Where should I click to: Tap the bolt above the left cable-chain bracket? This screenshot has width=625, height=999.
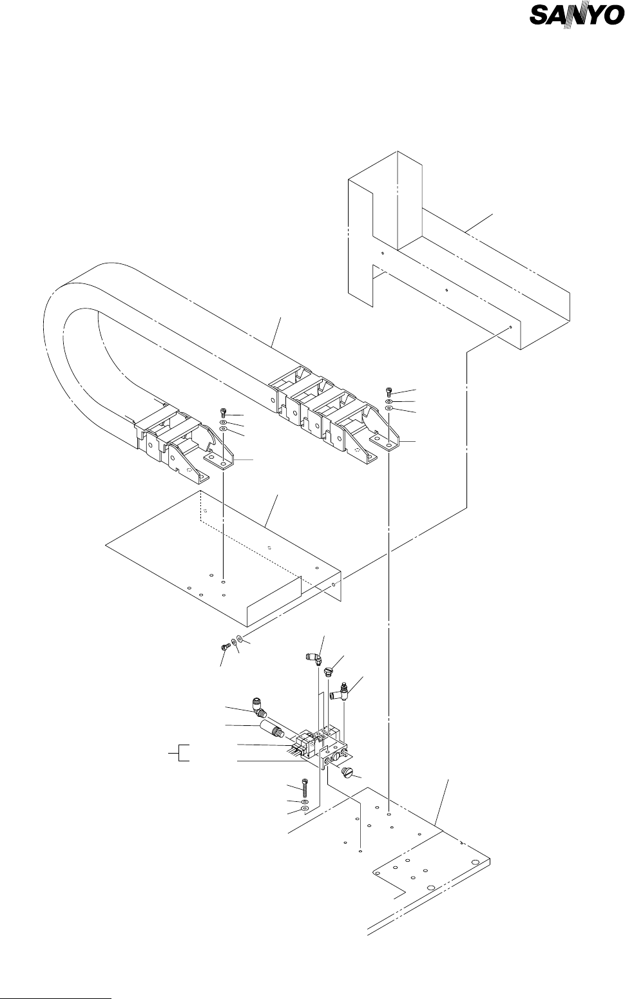(223, 412)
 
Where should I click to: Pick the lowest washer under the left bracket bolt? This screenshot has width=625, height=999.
(223, 428)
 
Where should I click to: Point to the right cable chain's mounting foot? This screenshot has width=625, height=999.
(386, 442)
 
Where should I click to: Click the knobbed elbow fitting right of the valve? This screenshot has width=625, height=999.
(340, 694)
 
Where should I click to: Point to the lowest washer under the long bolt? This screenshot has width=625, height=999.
(305, 809)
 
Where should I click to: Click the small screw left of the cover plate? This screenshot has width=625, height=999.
(226, 647)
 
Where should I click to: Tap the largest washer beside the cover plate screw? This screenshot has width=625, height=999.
(240, 638)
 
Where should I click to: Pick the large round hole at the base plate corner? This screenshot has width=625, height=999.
(476, 863)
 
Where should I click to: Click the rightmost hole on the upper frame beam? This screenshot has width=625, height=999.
(510, 327)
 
